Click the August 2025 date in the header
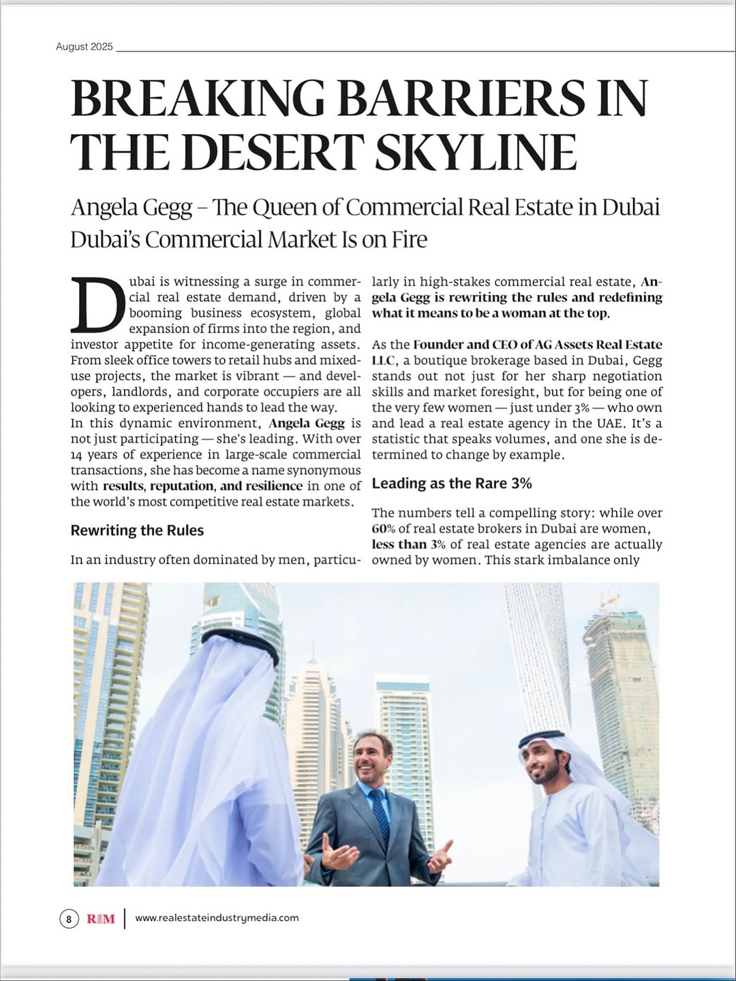[x=85, y=47]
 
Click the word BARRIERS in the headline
[x=461, y=98]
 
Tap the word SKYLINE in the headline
[x=476, y=152]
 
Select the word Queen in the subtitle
[x=282, y=207]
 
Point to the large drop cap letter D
[x=97, y=305]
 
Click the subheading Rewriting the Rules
[x=137, y=531]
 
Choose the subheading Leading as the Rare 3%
[x=452, y=484]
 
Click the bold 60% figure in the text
[x=384, y=529]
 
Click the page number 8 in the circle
[x=68, y=919]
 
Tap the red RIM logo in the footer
[x=101, y=919]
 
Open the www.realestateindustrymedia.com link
[x=217, y=918]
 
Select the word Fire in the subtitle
[x=409, y=240]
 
